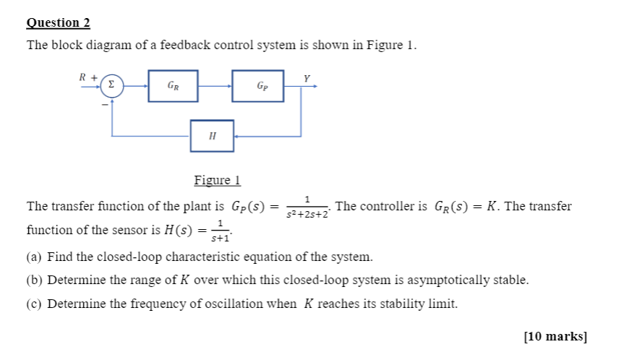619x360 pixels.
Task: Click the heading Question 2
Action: click(58, 22)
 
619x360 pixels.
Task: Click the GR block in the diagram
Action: click(173, 85)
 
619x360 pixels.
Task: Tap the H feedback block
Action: click(212, 135)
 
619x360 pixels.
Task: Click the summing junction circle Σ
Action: click(111, 85)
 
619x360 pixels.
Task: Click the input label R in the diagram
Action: click(83, 76)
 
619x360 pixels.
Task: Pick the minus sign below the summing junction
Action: click(103, 106)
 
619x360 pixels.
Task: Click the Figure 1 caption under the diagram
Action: click(217, 180)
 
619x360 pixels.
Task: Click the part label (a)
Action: click(35, 257)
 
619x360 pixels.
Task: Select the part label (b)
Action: click(35, 280)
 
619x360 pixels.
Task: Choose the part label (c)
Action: click(35, 304)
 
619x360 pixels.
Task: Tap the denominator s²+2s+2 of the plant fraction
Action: click(307, 215)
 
